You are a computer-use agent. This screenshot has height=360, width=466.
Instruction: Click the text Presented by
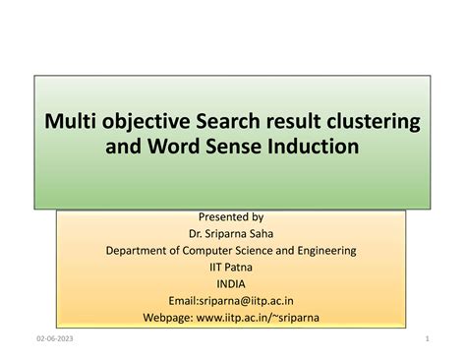231,216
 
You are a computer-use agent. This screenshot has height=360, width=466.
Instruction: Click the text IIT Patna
231,266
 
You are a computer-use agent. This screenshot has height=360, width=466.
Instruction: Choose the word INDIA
231,282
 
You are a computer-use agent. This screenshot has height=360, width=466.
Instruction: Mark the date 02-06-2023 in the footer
50,339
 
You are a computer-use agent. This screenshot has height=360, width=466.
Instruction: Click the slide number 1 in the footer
430,339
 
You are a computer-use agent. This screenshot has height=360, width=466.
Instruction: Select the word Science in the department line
259,250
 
